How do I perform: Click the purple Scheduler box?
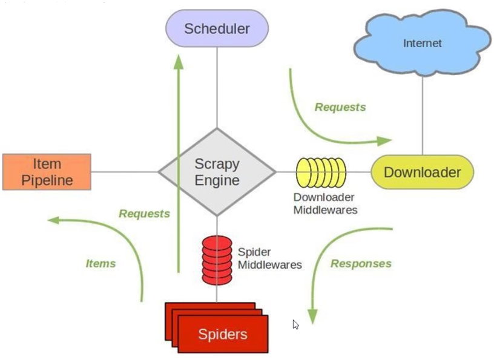217,28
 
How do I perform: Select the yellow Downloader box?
422,172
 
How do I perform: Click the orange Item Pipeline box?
47,172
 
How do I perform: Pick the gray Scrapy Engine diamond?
217,172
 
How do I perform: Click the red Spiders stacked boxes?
222,333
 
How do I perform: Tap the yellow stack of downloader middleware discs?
321,172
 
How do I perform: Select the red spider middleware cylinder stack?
217,260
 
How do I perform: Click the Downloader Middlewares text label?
325,204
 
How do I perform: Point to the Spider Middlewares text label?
269,258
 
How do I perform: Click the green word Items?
100,263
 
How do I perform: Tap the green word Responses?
361,263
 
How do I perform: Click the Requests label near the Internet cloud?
340,107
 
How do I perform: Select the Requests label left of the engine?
144,214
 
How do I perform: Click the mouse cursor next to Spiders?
295,324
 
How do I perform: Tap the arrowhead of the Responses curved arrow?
313,317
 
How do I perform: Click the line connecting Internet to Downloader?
422,115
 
